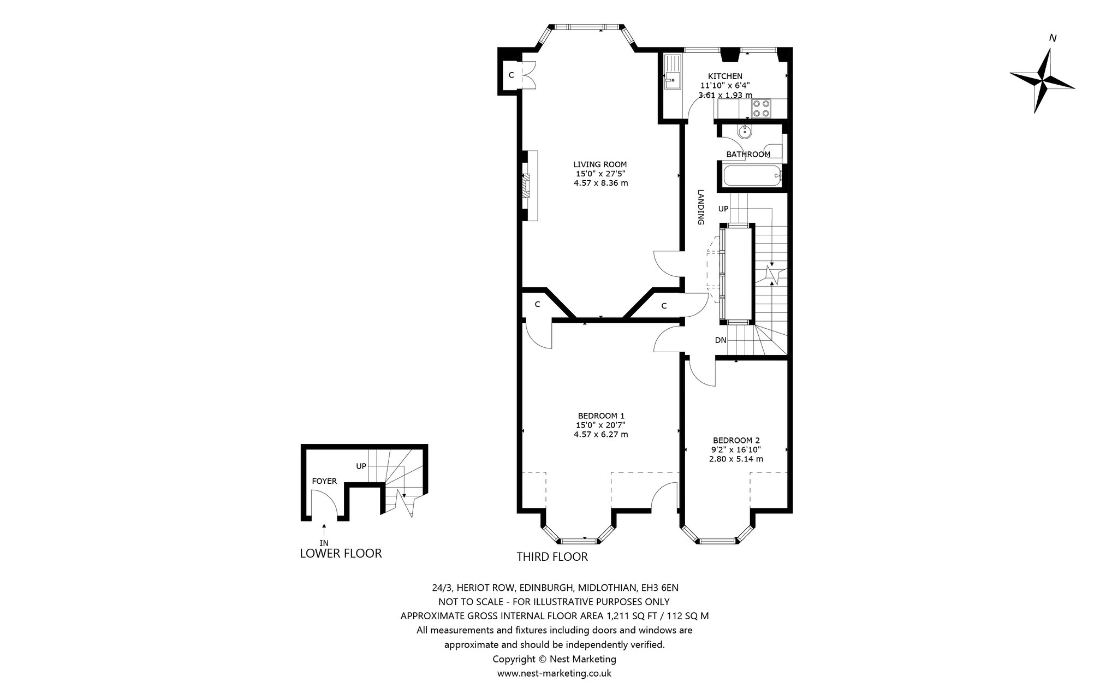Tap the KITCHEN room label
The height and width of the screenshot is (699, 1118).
[725, 76]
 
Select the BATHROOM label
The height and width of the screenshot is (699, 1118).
[748, 155]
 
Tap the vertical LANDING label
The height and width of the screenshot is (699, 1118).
[700, 208]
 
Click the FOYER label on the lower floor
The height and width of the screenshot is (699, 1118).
[324, 481]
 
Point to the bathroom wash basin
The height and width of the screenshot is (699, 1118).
[745, 131]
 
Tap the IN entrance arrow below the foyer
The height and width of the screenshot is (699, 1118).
[324, 529]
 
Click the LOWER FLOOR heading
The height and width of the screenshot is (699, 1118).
[341, 553]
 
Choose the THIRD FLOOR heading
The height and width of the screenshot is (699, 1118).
[552, 557]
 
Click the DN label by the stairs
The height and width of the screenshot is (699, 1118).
[721, 340]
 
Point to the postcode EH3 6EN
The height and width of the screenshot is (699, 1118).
[659, 588]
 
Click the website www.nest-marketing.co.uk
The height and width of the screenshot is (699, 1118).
[554, 673]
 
